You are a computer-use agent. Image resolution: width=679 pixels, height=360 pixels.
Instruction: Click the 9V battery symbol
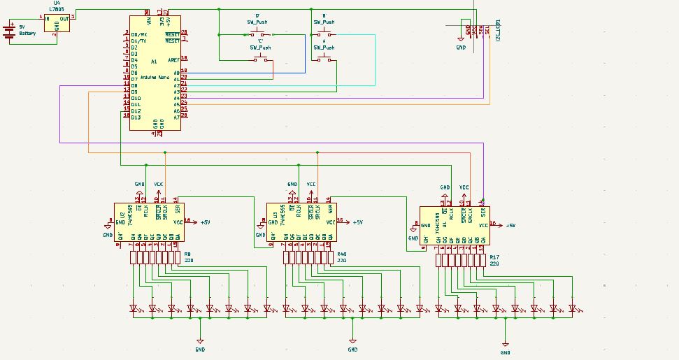[x=9, y=31]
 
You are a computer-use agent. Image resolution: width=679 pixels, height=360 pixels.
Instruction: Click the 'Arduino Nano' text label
[x=155, y=77]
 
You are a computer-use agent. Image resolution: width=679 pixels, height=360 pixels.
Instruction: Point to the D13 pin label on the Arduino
[x=136, y=117]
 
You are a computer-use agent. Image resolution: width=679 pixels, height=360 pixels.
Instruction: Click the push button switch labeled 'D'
[x=260, y=34]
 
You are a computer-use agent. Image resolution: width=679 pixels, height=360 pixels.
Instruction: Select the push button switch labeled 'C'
[x=261, y=59]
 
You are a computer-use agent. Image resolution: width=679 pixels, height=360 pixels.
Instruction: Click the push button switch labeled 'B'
[x=324, y=34]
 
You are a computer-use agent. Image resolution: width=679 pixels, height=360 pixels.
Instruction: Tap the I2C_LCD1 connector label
[x=497, y=30]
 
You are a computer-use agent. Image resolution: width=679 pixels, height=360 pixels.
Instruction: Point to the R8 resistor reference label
[x=187, y=254]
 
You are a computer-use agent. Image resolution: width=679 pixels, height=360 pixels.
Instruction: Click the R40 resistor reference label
[x=341, y=254]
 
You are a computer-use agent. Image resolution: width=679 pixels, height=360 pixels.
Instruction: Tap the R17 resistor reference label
[x=494, y=257]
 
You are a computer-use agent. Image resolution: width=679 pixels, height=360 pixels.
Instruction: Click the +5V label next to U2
[x=205, y=222]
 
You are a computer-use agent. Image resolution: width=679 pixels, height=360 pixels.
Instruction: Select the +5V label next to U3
[x=357, y=222]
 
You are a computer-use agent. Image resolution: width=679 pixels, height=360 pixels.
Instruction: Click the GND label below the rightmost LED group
[x=505, y=353]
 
